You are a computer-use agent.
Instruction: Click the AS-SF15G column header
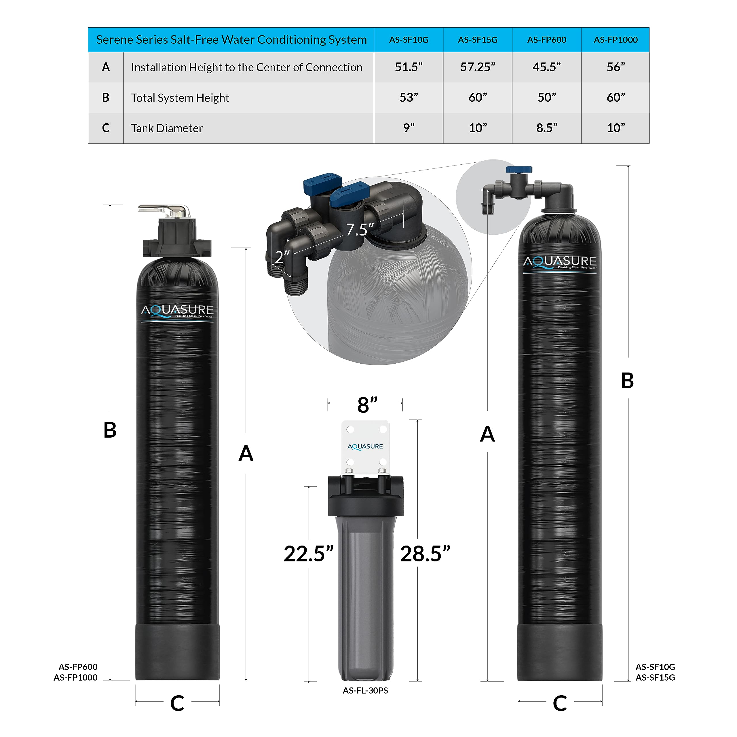tap(478, 40)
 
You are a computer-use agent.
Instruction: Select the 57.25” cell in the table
tap(478, 67)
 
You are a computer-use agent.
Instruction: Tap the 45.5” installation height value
tap(547, 67)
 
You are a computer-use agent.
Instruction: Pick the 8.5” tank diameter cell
tap(547, 128)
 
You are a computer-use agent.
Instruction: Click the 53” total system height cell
tap(409, 98)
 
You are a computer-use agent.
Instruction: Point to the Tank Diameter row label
tap(167, 128)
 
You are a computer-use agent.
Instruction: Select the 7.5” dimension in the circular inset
tap(359, 229)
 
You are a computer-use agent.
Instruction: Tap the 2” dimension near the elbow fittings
tap(282, 257)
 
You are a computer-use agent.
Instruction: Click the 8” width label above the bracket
tap(367, 405)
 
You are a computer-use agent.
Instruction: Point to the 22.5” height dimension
tap(308, 554)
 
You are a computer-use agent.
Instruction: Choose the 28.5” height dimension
tap(425, 554)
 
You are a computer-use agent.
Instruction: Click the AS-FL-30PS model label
tap(365, 690)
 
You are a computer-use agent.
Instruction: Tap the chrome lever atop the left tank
tap(164, 210)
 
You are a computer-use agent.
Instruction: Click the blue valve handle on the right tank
tap(519, 169)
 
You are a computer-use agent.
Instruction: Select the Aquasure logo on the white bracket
tap(365, 446)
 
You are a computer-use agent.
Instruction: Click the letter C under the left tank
tap(177, 703)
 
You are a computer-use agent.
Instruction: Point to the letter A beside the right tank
tap(487, 434)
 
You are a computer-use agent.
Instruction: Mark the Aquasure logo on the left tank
tap(177, 311)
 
